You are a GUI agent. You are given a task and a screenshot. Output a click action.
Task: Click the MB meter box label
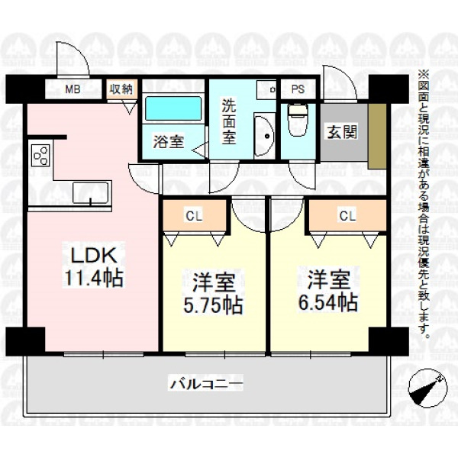point(73,89)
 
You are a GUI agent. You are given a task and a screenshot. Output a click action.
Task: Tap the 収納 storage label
point(121,89)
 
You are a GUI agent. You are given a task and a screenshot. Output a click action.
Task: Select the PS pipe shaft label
point(298,89)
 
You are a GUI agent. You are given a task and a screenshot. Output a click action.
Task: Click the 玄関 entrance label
point(342,133)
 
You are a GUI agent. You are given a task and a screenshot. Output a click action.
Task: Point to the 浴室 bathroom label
point(168,142)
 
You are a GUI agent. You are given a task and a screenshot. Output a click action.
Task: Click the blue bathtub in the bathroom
point(173,108)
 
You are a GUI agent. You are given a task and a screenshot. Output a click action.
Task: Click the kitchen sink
point(91,193)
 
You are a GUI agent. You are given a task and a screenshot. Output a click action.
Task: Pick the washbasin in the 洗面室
point(264,136)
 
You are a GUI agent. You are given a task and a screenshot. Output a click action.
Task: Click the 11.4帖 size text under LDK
point(93,279)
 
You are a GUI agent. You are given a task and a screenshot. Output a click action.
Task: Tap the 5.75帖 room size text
point(213,305)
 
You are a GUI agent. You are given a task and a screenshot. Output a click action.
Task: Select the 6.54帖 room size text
point(327,302)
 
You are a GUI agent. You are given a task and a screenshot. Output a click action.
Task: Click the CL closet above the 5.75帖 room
point(195,216)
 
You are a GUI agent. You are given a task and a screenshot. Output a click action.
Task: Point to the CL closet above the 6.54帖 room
point(348,216)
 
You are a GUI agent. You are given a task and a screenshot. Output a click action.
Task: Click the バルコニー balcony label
point(207,383)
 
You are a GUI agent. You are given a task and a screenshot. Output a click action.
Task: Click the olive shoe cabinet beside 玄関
point(377,136)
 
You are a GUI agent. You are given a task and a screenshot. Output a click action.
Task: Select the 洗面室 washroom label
point(229,122)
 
